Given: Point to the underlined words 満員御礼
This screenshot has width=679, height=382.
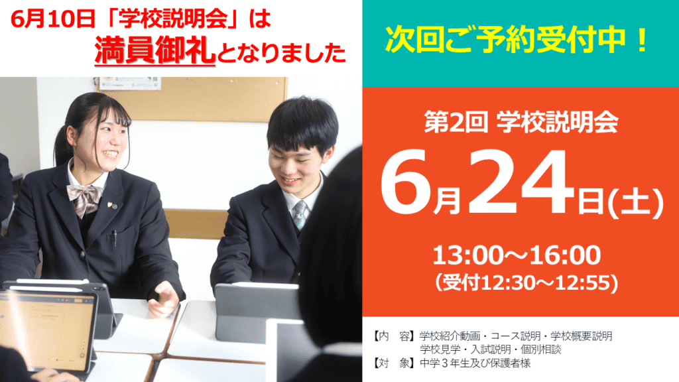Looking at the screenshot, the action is pyautogui.click(x=155, y=50).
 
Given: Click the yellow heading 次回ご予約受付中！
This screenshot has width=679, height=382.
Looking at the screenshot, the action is pyautogui.click(x=517, y=40).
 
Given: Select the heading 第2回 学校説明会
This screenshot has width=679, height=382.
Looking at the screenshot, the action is pyautogui.click(x=521, y=122).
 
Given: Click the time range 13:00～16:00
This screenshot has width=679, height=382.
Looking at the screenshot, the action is pyautogui.click(x=517, y=255).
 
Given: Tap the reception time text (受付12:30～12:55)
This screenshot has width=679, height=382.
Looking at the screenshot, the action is pyautogui.click(x=526, y=283).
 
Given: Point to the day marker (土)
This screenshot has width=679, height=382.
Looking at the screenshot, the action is pyautogui.click(x=635, y=203).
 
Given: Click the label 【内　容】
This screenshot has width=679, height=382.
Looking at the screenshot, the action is pyautogui.click(x=394, y=336).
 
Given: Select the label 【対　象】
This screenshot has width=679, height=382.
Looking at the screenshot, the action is pyautogui.click(x=394, y=363).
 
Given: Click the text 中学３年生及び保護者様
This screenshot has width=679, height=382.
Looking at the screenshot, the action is pyautogui.click(x=475, y=363).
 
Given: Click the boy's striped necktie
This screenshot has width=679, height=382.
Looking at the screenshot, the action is pyautogui.click(x=300, y=214).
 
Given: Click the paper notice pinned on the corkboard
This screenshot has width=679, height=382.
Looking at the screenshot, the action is pyautogui.click(x=130, y=83).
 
